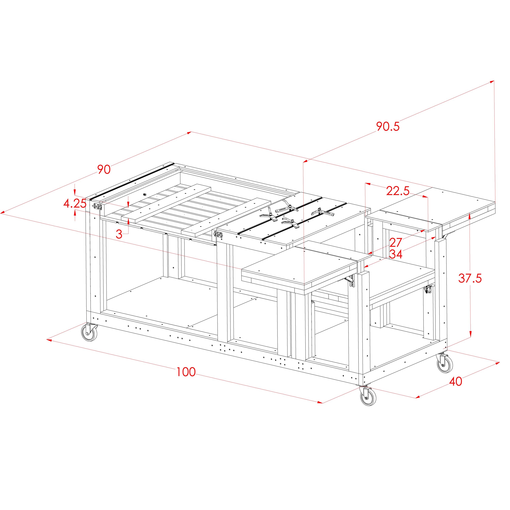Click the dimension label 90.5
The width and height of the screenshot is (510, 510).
click(x=388, y=126)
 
